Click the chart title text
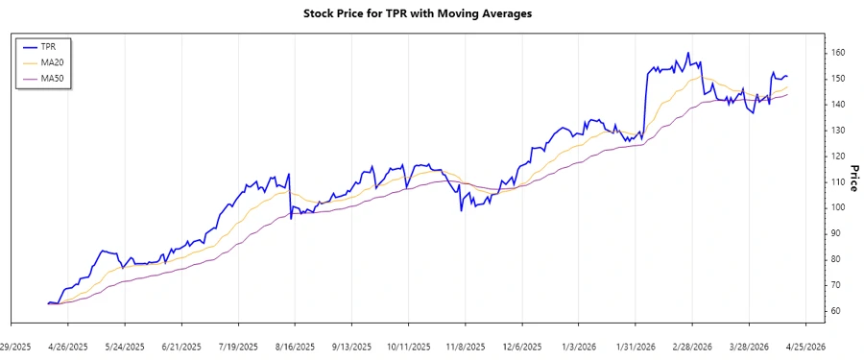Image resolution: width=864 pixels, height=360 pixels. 431,14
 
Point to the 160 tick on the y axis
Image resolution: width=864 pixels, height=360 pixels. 839,52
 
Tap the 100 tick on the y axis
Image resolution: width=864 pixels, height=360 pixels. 839,207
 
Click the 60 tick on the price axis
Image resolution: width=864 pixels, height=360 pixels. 837,311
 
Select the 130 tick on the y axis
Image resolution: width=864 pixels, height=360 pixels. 839,130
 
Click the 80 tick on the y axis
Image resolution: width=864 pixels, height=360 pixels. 837,259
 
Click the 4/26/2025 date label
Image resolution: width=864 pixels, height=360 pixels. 68,347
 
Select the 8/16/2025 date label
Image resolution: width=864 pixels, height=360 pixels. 295,347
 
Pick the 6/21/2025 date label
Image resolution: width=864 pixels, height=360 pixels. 181,347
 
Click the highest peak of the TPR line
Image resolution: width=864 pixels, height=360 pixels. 688,53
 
